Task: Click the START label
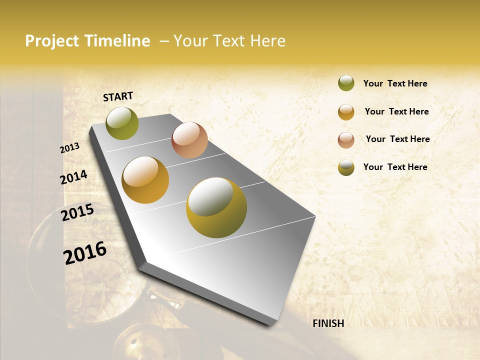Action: [x=118, y=96]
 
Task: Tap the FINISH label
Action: [x=328, y=323]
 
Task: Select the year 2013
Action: [x=70, y=148]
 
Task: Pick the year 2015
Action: [x=77, y=212]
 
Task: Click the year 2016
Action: [x=85, y=253]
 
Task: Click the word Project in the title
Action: [x=52, y=41]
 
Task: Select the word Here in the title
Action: [x=267, y=41]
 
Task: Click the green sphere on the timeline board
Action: [x=122, y=123]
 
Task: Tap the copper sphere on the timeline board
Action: [x=189, y=140]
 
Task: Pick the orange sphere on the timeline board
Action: [x=145, y=180]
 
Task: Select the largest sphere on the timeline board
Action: [x=216, y=207]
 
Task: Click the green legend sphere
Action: [x=346, y=83]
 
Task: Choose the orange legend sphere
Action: [x=346, y=112]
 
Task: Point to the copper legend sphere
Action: [x=346, y=140]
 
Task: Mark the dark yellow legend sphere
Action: [x=346, y=167]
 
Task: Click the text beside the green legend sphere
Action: [x=395, y=83]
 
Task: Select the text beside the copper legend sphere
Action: [x=397, y=139]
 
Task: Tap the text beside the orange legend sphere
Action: [x=396, y=111]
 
